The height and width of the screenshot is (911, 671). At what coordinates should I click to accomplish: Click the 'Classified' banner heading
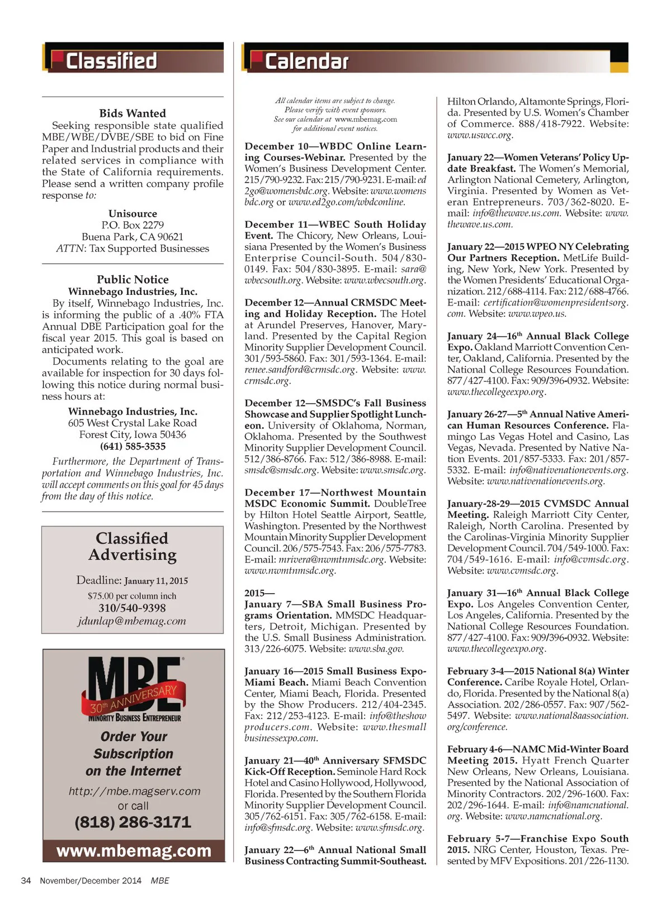click(x=111, y=60)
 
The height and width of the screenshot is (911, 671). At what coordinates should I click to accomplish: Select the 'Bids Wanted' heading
click(x=133, y=113)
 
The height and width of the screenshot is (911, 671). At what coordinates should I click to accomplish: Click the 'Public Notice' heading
click(x=133, y=279)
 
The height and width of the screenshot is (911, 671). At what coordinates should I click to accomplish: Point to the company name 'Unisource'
click(x=133, y=213)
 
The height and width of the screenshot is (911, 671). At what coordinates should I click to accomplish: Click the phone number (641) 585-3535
click(x=133, y=446)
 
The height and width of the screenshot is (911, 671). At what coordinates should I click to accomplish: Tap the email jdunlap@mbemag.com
click(x=132, y=621)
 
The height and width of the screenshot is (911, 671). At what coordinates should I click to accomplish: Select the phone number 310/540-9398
click(x=132, y=608)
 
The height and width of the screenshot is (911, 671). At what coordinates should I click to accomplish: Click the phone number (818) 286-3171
click(x=133, y=822)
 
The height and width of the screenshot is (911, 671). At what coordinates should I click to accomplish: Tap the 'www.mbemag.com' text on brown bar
click(x=134, y=851)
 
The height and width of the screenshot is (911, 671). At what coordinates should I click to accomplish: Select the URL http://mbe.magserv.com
click(x=134, y=791)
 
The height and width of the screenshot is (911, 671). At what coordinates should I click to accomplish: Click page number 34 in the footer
click(x=26, y=880)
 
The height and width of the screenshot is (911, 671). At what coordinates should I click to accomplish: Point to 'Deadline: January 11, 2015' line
click(x=132, y=580)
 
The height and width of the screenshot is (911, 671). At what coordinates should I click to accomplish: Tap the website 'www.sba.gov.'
click(x=376, y=648)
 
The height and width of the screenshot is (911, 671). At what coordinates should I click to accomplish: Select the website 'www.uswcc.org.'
click(x=480, y=135)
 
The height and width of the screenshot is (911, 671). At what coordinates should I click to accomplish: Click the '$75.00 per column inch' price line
click(x=132, y=595)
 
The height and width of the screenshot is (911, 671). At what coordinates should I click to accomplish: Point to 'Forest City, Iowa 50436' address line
click(x=133, y=435)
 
